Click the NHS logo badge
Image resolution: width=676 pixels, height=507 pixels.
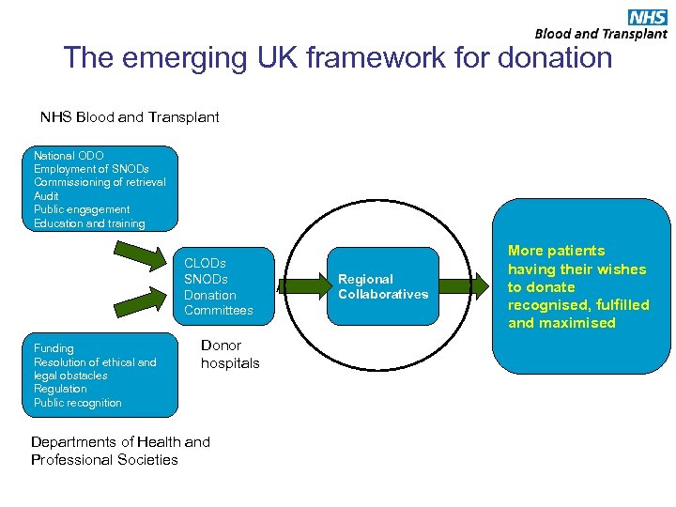pyautogui.click(x=647, y=17)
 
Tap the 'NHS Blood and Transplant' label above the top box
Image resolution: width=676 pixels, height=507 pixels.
pyautogui.click(x=130, y=117)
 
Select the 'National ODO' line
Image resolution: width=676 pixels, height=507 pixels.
pyautogui.click(x=69, y=155)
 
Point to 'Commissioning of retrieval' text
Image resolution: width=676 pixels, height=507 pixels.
pyautogui.click(x=100, y=182)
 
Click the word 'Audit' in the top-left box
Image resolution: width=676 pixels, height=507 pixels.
pyautogui.click(x=47, y=195)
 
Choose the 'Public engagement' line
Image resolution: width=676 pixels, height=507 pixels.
pyautogui.click(x=82, y=209)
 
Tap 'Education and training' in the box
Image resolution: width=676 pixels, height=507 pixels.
pyautogui.click(x=89, y=223)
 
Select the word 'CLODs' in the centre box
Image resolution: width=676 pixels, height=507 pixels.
pyautogui.click(x=205, y=264)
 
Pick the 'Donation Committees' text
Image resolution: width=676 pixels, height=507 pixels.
pyautogui.click(x=218, y=302)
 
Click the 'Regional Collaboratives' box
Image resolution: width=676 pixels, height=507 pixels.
pyautogui.click(x=383, y=286)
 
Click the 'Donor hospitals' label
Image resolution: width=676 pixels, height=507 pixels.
pyautogui.click(x=229, y=354)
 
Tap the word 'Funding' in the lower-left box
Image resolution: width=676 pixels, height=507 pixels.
pyautogui.click(x=54, y=348)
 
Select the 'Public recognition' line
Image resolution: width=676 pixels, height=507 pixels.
pyautogui.click(x=78, y=403)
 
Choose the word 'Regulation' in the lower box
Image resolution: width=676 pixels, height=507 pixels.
pyautogui.click(x=60, y=389)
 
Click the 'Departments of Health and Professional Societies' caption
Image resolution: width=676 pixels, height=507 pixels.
pyautogui.click(x=120, y=451)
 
